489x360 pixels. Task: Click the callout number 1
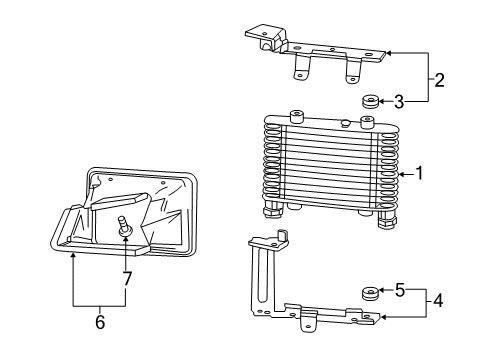coord(420,173)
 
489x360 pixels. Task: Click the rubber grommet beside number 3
coord(370,101)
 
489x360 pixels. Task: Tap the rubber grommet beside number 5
coord(370,293)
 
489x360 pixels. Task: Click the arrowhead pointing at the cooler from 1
coord(401,173)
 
